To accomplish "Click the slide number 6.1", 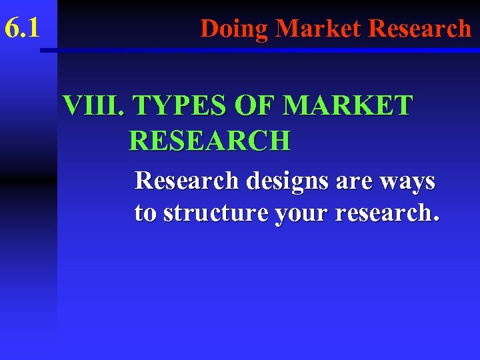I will tap(23, 29).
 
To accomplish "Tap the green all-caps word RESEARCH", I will tap(209, 141).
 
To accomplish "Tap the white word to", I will tap(146, 213).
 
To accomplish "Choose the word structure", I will tap(214, 213).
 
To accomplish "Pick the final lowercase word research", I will tap(381, 213).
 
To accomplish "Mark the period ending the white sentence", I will tap(436, 219).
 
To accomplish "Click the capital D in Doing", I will tap(209, 29).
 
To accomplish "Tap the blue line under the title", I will tap(267, 50).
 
